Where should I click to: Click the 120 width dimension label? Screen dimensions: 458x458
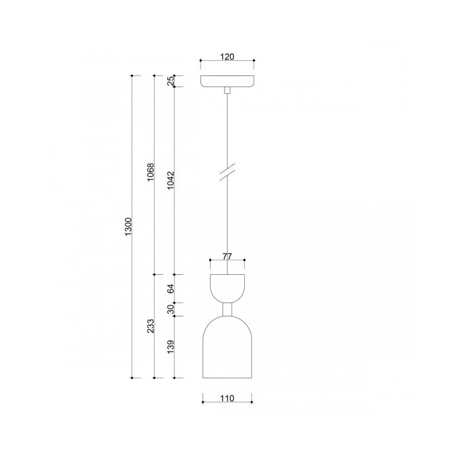[227, 56]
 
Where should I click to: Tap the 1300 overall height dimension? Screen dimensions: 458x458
[129, 227]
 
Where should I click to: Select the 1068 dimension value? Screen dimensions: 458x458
[150, 172]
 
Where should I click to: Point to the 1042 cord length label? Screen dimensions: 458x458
[171, 180]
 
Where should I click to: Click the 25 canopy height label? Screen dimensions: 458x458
[171, 81]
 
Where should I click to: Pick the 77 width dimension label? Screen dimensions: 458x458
[227, 256]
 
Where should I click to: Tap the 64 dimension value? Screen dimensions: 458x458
[171, 288]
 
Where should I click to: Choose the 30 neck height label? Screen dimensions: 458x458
[171, 309]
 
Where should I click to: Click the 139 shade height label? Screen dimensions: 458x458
[171, 346]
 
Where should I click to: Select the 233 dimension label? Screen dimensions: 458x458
[150, 326]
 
